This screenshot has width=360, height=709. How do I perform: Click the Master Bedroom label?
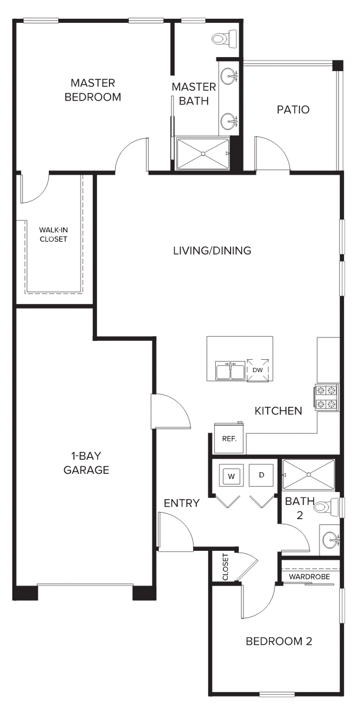pos(93,90)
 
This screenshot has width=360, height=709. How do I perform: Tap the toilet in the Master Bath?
pos(224,39)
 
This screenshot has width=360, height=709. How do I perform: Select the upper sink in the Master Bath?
pos(229,76)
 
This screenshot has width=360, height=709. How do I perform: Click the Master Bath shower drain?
pos(203,154)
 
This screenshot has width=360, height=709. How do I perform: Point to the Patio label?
pos(293,109)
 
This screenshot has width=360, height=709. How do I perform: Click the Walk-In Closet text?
pos(54,235)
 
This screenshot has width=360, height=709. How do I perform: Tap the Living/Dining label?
pos(212,250)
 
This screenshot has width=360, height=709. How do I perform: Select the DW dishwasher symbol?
pos(258,370)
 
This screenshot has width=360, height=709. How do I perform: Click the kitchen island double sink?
pos(230,370)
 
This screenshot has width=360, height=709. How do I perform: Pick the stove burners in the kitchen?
pos(326,397)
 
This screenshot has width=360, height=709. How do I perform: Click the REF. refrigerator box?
pos(229,439)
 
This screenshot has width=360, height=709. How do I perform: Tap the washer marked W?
pos(231,476)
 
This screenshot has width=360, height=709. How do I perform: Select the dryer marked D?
pos(261,475)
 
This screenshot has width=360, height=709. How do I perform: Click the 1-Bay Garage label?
pos(86,463)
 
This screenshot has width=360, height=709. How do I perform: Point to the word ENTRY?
pos(182,503)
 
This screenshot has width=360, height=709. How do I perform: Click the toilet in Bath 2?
pos(326,507)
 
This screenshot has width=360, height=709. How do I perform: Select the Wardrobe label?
pos(309,577)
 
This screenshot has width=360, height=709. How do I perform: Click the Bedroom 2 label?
pos(279,641)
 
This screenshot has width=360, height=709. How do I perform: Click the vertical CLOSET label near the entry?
pos(225,567)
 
